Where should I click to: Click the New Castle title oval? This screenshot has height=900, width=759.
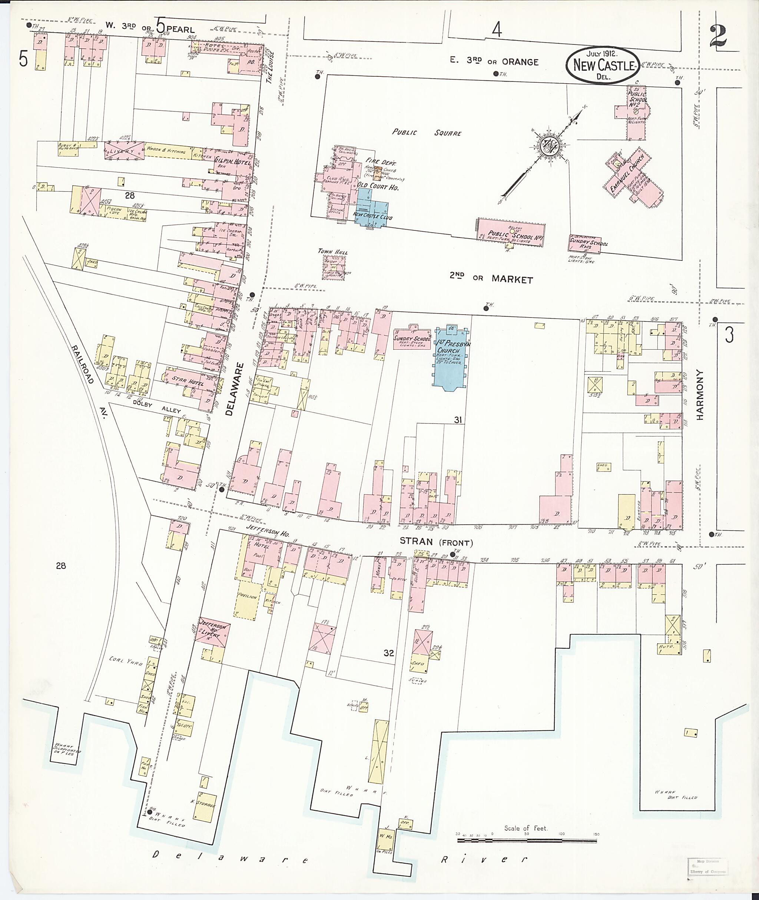click(x=601, y=65)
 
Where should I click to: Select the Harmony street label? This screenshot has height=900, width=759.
click(x=699, y=395)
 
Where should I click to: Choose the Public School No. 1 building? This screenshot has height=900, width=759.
click(x=511, y=233)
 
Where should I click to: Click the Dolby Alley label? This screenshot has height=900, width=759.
click(x=157, y=407)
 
